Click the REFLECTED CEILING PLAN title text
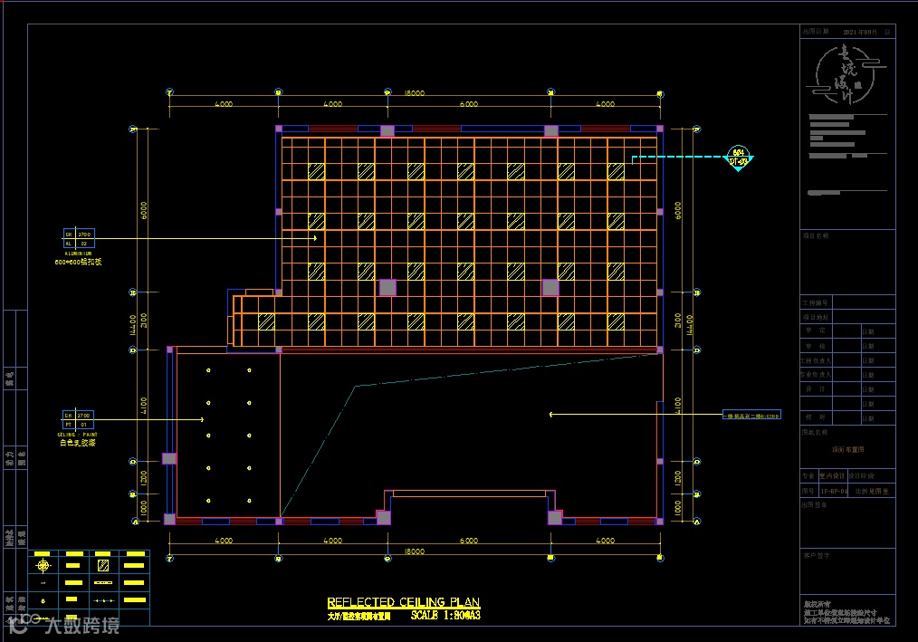tap(403, 603)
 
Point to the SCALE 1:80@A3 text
tap(445, 616)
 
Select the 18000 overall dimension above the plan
tap(415, 93)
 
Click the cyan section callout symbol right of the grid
tap(739, 158)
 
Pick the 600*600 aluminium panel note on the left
tap(78, 262)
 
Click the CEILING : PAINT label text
tap(78, 434)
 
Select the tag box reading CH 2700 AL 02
tap(78, 238)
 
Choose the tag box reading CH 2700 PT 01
tap(78, 419)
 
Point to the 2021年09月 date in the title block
tap(860, 32)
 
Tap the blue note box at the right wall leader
tap(751, 416)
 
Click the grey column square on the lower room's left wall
tap(168, 458)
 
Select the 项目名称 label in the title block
tap(816, 235)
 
